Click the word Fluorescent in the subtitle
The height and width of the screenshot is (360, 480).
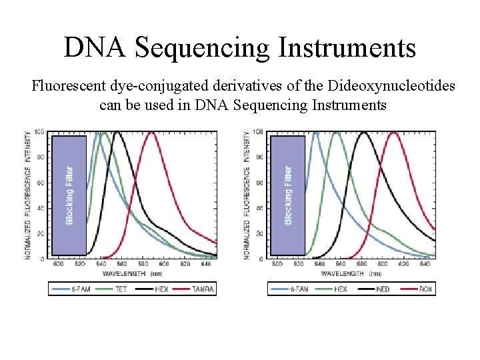point(65,86)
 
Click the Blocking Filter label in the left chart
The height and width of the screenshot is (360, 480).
point(70,194)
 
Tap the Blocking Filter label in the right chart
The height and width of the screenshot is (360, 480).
point(288,194)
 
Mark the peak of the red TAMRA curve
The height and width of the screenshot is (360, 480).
point(152,132)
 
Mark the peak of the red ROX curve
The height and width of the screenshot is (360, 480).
point(394,132)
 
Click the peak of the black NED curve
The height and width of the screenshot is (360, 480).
point(363,132)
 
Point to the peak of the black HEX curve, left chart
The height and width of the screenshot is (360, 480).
point(117,132)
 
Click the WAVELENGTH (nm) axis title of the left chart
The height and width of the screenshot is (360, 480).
point(133,273)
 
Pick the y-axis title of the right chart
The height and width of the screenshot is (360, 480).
point(248,193)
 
